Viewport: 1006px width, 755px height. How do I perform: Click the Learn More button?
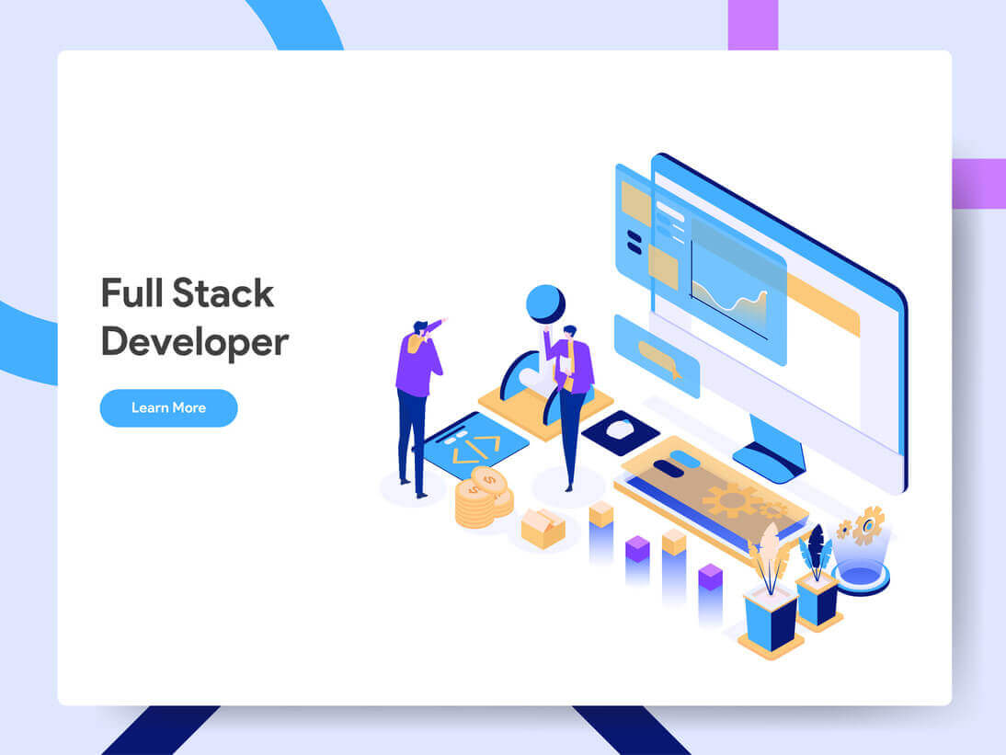[x=168, y=407]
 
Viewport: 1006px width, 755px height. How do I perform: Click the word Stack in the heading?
[x=223, y=293]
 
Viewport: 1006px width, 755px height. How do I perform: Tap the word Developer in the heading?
[x=194, y=342]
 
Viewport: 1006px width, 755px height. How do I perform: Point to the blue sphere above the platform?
[x=545, y=303]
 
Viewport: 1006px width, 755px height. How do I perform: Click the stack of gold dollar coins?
[x=481, y=498]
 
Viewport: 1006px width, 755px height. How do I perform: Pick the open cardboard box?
[x=543, y=528]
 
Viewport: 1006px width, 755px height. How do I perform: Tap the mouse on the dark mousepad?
[x=619, y=429]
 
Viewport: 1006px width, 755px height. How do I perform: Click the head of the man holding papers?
[x=569, y=331]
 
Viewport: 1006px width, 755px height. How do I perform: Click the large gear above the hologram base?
[x=867, y=525]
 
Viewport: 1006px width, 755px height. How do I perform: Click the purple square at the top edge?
[x=752, y=24]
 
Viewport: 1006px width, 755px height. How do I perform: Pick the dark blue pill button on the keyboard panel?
[x=668, y=468]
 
